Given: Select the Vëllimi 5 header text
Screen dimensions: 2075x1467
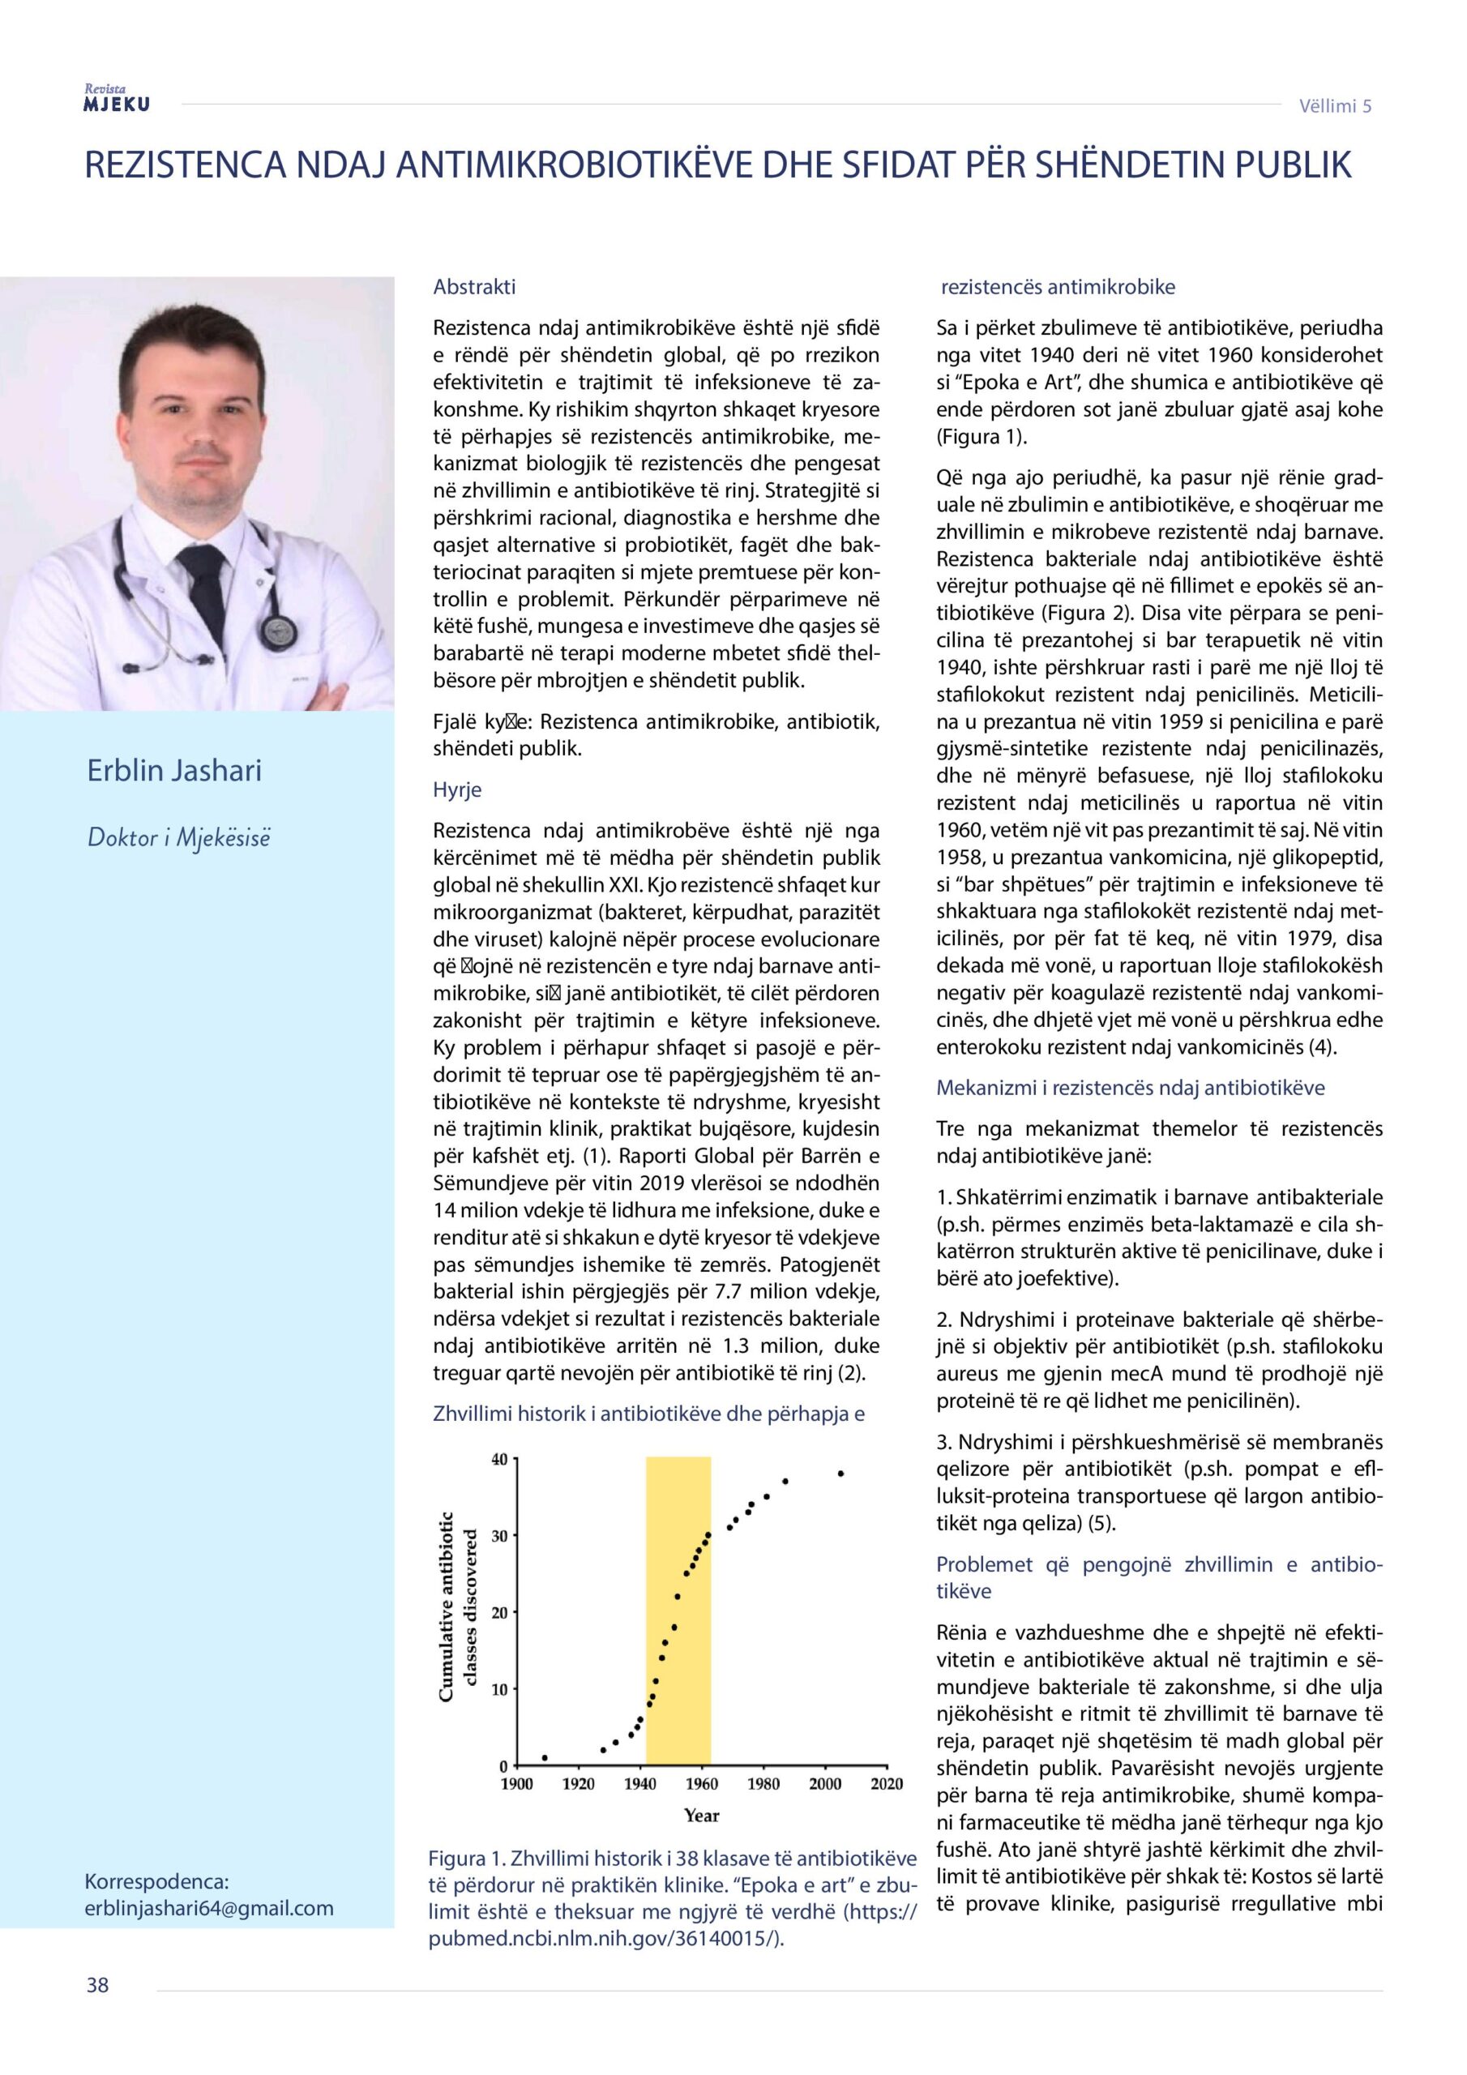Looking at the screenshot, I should pos(1335,105).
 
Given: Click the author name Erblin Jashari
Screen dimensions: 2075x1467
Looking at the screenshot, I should pos(174,771).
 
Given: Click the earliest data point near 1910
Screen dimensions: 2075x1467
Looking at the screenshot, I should pos(544,1758).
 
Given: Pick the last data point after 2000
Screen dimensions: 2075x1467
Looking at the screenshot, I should pos(840,1473).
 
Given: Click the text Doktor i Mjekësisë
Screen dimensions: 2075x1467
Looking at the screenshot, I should pos(179,838).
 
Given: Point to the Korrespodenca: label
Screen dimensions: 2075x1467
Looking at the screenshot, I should pos(156,1881).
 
